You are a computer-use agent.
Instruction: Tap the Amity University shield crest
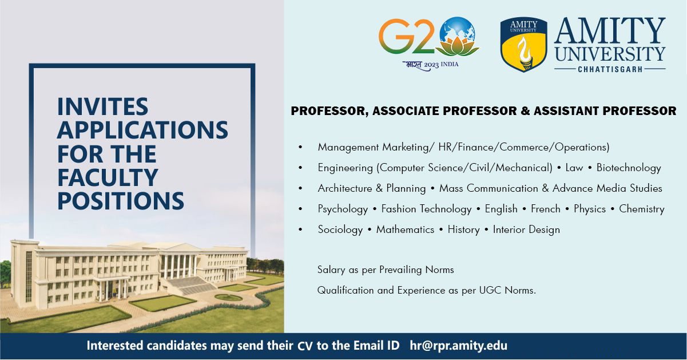click(x=523, y=45)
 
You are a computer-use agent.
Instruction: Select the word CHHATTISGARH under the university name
click(x=610, y=69)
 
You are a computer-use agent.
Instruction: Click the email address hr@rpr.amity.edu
click(x=459, y=346)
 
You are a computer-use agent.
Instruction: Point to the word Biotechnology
click(x=629, y=168)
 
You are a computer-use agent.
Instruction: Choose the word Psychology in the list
click(x=343, y=209)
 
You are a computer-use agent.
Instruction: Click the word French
click(x=546, y=209)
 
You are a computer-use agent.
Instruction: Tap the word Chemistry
click(x=642, y=209)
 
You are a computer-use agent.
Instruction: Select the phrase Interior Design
click(x=526, y=230)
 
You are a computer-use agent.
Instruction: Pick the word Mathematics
click(x=405, y=230)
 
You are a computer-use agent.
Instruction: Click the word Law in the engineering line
click(x=574, y=168)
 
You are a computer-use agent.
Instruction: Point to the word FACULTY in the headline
click(x=108, y=177)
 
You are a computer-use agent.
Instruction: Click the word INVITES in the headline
click(x=103, y=106)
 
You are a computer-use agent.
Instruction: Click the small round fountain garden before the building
click(x=228, y=297)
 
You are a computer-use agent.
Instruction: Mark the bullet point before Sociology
click(x=300, y=230)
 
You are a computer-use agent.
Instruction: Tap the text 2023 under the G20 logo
click(x=431, y=65)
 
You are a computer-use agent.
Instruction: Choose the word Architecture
click(x=345, y=188)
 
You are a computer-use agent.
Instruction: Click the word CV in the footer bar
click(x=305, y=346)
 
